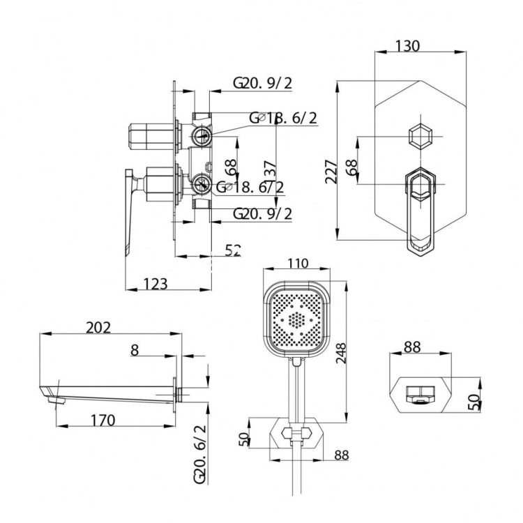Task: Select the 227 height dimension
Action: (331, 171)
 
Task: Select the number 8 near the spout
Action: (134, 351)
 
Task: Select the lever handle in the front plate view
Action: (419, 209)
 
